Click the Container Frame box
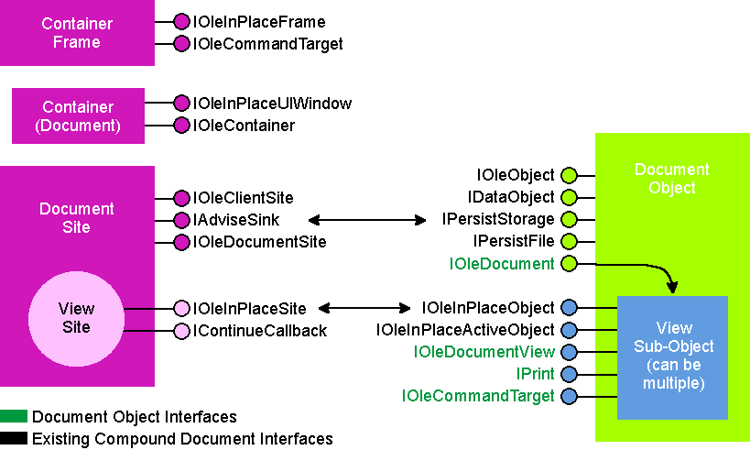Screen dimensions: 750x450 pyautogui.click(x=77, y=33)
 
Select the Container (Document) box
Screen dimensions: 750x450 pyautogui.click(x=78, y=115)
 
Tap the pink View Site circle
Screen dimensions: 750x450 pyautogui.click(x=77, y=319)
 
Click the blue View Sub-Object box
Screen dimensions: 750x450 pyautogui.click(x=672, y=357)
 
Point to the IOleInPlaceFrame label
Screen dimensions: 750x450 pyautogui.click(x=259, y=22)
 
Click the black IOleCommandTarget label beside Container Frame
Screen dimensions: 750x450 pyautogui.click(x=267, y=44)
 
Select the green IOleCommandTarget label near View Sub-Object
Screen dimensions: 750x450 pyautogui.click(x=478, y=396)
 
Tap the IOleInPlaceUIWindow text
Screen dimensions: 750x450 pyautogui.click(x=272, y=104)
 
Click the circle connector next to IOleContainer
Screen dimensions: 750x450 pyautogui.click(x=181, y=126)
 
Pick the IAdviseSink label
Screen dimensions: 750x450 pyautogui.click(x=236, y=220)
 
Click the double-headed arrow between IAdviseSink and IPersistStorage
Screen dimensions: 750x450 pyautogui.click(x=367, y=220)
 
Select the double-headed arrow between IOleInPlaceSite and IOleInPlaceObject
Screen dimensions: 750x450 pyautogui.click(x=364, y=308)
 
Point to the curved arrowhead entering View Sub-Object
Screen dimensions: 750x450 pyautogui.click(x=672, y=287)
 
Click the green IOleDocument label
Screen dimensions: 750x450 pyautogui.click(x=502, y=264)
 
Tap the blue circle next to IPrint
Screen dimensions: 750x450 pyautogui.click(x=569, y=374)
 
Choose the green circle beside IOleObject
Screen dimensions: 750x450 pyautogui.click(x=569, y=176)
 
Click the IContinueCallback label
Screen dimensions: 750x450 pyautogui.click(x=260, y=331)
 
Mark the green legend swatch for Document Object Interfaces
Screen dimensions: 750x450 pyautogui.click(x=14, y=416)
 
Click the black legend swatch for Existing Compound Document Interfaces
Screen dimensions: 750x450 pyautogui.click(x=14, y=438)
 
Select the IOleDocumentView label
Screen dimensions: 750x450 pyautogui.click(x=484, y=352)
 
